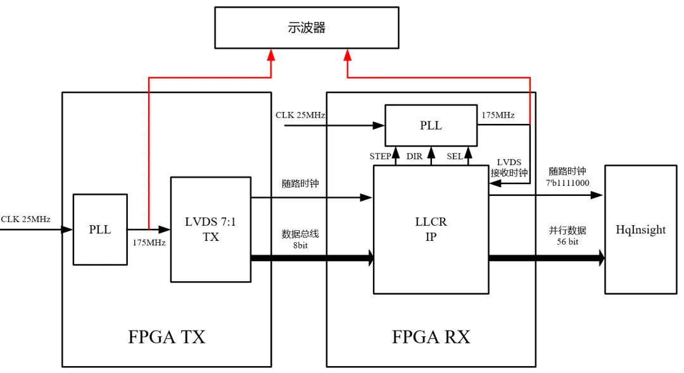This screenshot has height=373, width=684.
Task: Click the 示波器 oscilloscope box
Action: (x=307, y=28)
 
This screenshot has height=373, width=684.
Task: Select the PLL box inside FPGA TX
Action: (x=99, y=229)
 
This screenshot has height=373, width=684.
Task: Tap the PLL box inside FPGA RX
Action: (x=431, y=125)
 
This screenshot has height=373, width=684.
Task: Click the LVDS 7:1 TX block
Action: (x=211, y=229)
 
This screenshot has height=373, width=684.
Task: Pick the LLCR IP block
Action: (x=431, y=229)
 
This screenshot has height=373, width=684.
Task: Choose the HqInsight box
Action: (x=640, y=229)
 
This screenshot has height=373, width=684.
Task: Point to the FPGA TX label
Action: (x=167, y=336)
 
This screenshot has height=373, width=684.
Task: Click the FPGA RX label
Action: (x=431, y=336)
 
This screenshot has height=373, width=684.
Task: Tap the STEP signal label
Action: (x=381, y=156)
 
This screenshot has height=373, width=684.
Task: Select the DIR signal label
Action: (x=414, y=156)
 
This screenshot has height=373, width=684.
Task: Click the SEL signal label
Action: (x=455, y=156)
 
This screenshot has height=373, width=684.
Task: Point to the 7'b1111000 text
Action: (x=568, y=182)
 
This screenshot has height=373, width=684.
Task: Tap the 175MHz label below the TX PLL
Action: (x=149, y=243)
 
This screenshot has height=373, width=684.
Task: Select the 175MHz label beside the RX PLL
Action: (x=498, y=115)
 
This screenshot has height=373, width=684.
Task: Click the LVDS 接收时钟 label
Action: (x=509, y=168)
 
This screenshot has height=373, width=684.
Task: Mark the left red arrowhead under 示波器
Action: (x=271, y=55)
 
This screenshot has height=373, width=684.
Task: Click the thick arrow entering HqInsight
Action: (x=598, y=258)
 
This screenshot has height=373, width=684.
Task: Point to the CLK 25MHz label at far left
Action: (x=25, y=219)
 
